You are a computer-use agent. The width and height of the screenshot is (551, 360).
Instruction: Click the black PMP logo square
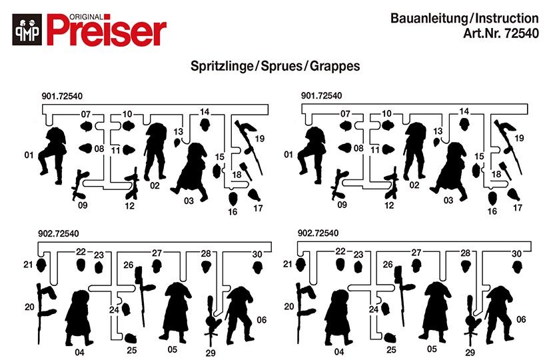27,29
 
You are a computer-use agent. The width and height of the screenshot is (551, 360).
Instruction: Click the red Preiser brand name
107,31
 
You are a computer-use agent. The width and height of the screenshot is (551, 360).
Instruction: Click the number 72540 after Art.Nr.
522,33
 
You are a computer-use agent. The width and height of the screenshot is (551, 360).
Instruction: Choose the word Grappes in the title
334,66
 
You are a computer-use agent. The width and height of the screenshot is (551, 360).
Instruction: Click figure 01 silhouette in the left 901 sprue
53,155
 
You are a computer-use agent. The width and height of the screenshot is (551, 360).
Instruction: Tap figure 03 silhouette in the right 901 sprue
451,171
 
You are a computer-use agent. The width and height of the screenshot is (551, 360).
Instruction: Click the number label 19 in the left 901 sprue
260,139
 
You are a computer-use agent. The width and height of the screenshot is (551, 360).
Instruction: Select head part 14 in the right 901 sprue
465,124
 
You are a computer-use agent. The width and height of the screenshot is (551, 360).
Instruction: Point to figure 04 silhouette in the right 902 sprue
338,318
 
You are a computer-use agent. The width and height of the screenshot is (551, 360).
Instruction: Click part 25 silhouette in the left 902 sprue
131,338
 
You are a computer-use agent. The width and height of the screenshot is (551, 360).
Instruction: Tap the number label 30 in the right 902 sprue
516,254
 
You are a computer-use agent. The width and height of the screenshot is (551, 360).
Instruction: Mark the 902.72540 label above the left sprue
59,233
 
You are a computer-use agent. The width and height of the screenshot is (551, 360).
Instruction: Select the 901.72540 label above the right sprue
321,95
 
